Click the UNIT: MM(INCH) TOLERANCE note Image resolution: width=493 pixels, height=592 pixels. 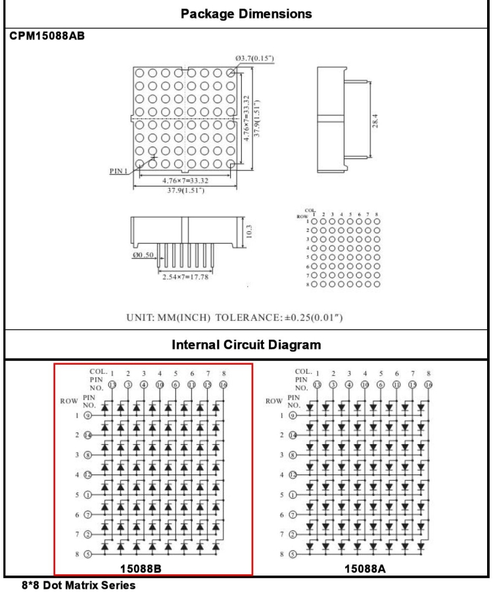pyautogui.click(x=246, y=319)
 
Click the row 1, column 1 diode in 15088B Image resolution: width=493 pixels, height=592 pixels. pyautogui.click(x=122, y=407)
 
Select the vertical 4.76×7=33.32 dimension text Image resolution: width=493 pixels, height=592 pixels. pyautogui.click(x=246, y=119)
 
